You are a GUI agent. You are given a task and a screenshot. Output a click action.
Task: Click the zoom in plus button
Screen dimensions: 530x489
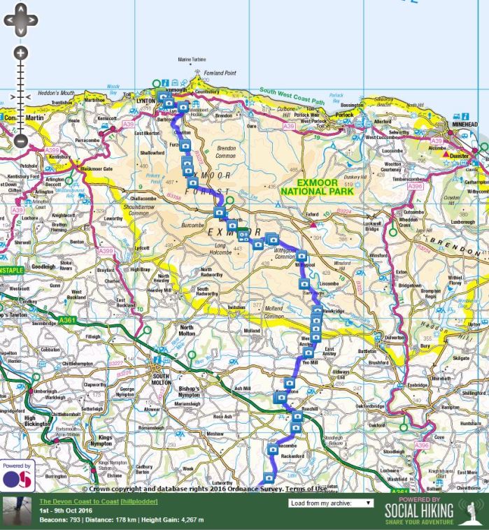tap(20, 53)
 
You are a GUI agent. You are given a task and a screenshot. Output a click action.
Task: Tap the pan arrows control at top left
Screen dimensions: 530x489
tap(20, 20)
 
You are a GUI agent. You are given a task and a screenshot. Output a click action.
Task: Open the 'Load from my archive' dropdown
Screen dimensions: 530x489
tap(330, 502)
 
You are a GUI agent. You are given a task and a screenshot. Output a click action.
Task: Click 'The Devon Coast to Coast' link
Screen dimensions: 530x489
tap(78, 501)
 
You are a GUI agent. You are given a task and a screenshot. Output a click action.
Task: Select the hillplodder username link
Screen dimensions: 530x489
tap(139, 501)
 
